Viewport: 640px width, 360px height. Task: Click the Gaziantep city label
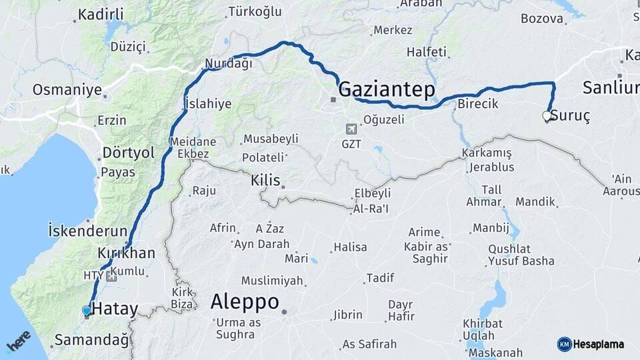pyautogui.click(x=387, y=89)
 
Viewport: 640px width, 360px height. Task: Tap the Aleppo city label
pyautogui.click(x=245, y=302)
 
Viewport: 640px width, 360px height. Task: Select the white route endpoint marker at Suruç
pyautogui.click(x=547, y=116)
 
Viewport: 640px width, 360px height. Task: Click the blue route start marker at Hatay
pyautogui.click(x=86, y=310)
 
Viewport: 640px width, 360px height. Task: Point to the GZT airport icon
pyautogui.click(x=351, y=129)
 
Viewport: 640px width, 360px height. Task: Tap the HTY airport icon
pyautogui.click(x=111, y=275)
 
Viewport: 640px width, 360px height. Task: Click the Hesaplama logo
pyautogui.click(x=591, y=344)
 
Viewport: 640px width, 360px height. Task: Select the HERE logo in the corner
pyautogui.click(x=18, y=341)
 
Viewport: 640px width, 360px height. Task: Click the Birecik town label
pyautogui.click(x=477, y=103)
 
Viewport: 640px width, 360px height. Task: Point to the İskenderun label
pyautogui.click(x=87, y=231)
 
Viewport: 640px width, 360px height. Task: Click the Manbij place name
pyautogui.click(x=491, y=228)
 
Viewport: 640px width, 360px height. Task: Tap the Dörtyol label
pyautogui.click(x=128, y=153)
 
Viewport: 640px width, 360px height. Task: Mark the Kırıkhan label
pyautogui.click(x=126, y=253)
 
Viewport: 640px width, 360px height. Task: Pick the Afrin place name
pyautogui.click(x=223, y=228)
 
